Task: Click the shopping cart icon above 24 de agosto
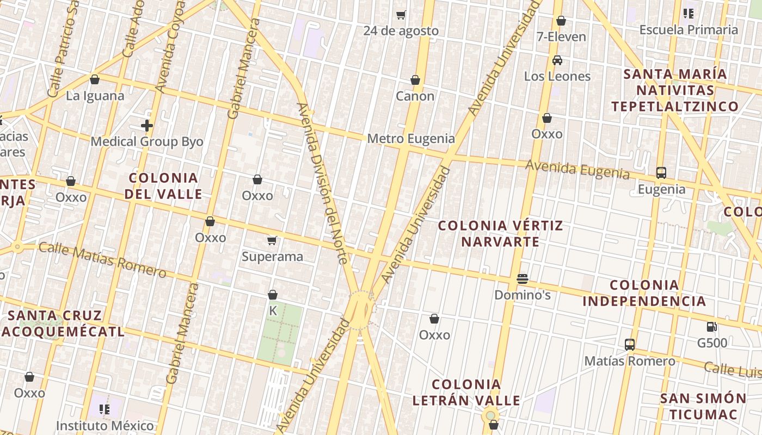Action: pos(401,15)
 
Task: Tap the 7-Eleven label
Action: pos(561,37)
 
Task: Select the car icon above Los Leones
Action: pos(557,60)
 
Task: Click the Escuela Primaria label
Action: pos(689,30)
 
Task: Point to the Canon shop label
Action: pos(415,96)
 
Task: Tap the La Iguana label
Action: pos(95,96)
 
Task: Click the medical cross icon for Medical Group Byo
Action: pos(146,126)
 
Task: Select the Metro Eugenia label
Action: pos(411,139)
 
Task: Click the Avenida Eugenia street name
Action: pos(577,169)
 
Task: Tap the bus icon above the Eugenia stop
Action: pos(661,173)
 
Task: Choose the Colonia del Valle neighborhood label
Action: pos(163,186)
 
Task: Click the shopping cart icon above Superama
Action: pos(272,240)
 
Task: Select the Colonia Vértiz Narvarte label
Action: pos(500,233)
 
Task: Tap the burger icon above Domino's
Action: pos(523,279)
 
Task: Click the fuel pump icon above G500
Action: pos(711,327)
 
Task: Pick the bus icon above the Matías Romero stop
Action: pos(630,344)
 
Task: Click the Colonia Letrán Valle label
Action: pos(466,393)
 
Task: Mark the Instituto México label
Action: pos(105,425)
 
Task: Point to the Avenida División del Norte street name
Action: pos(322,183)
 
